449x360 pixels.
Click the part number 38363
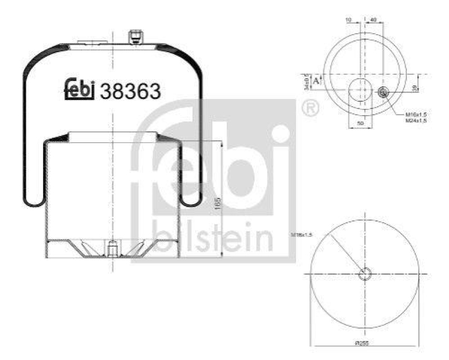130,91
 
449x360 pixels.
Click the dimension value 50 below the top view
360,122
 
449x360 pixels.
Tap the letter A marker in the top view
316,80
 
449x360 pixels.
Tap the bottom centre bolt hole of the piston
112,248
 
